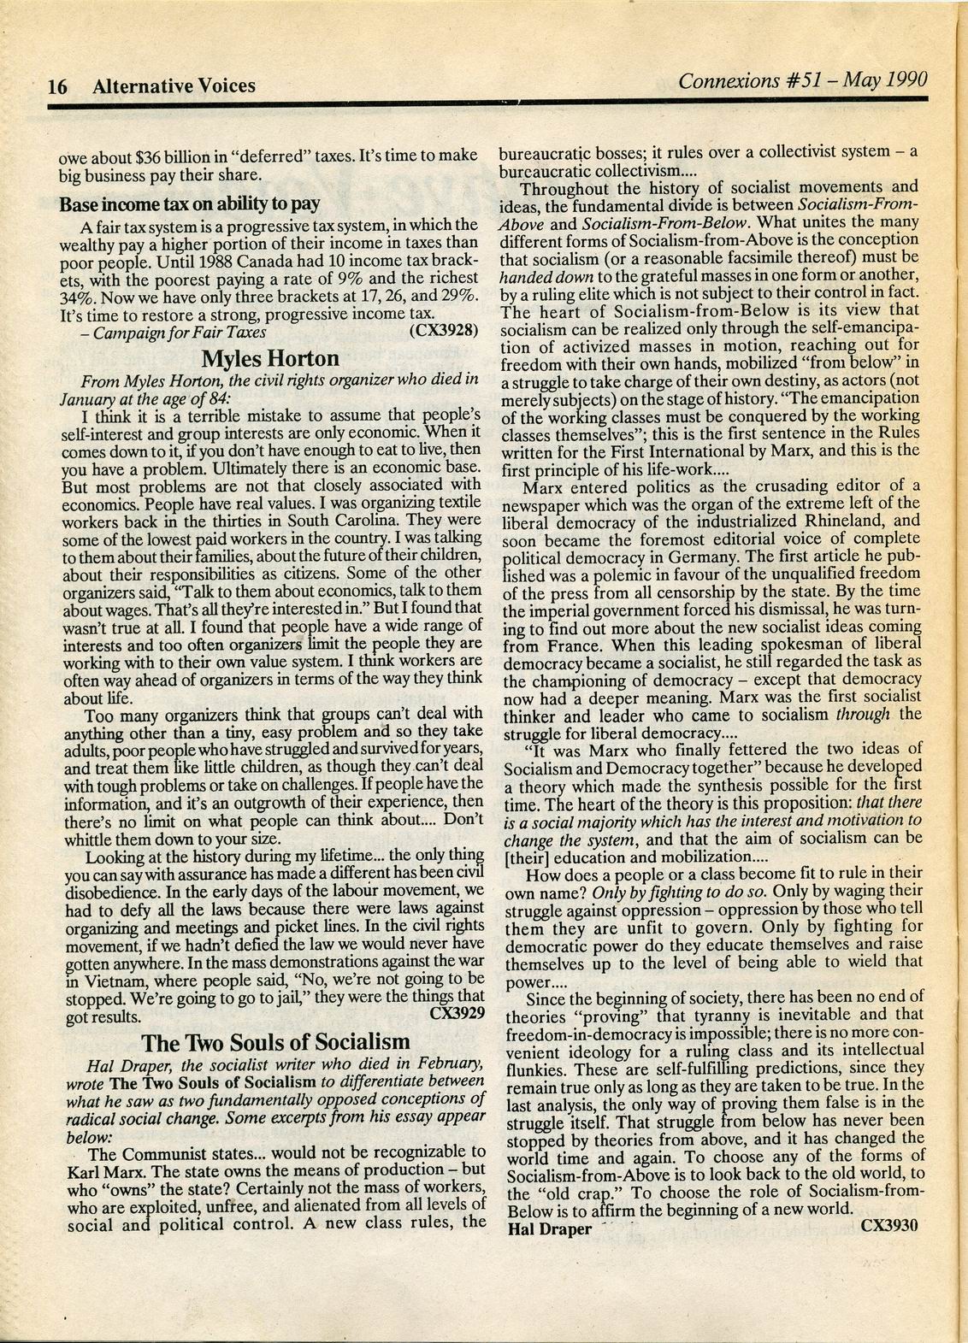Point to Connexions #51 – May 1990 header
[802, 81]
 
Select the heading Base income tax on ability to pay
[189, 204]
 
